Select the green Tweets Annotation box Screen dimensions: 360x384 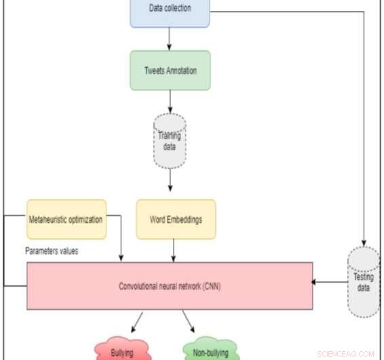tap(170, 70)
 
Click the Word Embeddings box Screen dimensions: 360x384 tap(176, 219)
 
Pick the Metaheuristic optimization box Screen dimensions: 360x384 tap(66, 219)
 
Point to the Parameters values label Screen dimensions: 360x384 tap(52, 251)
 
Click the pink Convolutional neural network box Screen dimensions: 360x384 tap(170, 286)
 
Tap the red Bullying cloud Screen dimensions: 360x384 tap(122, 352)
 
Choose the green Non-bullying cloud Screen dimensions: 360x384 tap(211, 352)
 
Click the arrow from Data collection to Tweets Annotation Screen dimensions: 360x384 tap(170, 39)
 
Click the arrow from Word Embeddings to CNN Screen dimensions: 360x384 tap(174, 251)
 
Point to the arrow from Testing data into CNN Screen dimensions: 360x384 tap(330, 281)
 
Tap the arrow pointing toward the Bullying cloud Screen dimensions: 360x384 tap(138, 321)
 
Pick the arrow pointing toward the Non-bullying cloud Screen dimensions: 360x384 tap(189, 321)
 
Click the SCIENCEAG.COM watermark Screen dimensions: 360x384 tap(345, 354)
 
